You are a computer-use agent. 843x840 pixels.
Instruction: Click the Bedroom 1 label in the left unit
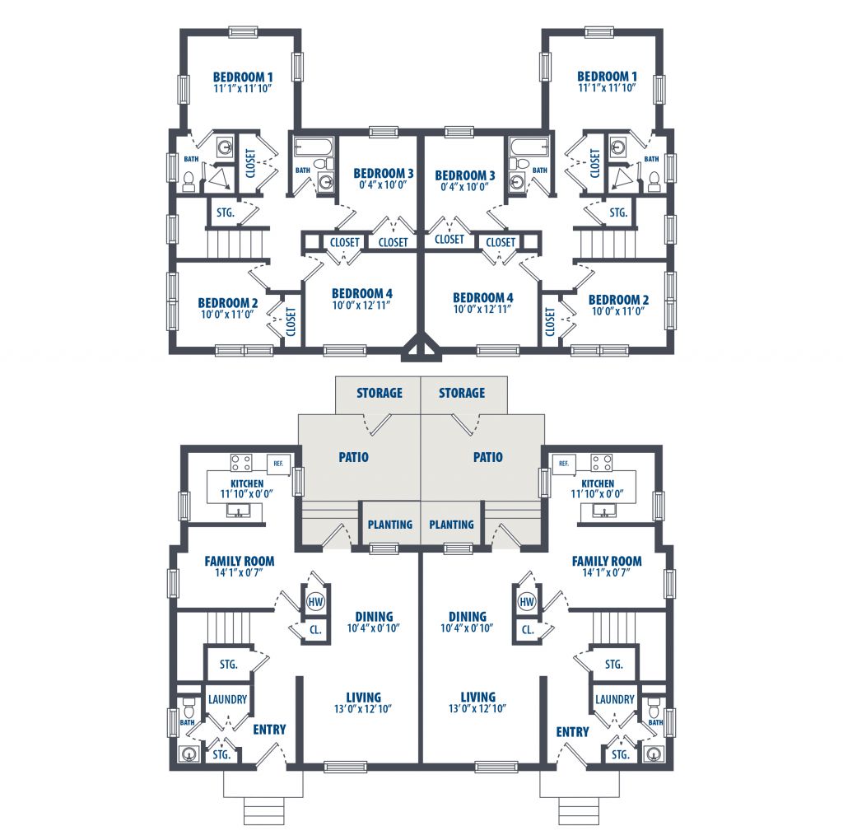pos(243,77)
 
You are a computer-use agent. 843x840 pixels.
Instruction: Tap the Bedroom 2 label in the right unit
pos(618,300)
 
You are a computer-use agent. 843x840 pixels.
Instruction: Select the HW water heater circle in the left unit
pos(315,601)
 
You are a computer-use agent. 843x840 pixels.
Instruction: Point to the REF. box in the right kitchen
pos(563,463)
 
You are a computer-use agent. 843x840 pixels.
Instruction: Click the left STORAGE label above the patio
pos(379,393)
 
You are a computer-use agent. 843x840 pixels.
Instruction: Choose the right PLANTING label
pos(451,525)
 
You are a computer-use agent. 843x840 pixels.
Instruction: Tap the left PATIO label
pos(353,457)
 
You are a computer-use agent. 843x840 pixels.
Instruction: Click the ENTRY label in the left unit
pos(269,730)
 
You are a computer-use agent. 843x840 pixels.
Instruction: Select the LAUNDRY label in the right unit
pos(614,699)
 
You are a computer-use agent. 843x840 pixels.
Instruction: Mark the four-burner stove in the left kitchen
pos(241,463)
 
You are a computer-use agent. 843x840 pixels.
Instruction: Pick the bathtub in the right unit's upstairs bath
pos(529,147)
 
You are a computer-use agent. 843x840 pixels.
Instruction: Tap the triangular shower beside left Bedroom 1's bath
pos(220,178)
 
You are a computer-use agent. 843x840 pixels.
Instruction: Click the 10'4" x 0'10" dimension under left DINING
pos(373,628)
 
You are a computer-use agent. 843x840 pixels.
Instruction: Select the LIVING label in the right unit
pos(477,697)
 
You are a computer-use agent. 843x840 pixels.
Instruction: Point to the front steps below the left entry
pos(263,811)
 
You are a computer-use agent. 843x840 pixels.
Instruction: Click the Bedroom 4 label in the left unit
pos(362,294)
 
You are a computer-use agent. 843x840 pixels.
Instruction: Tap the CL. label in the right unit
pos(528,629)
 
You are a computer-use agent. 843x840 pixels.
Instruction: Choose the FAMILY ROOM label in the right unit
pos(607,561)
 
